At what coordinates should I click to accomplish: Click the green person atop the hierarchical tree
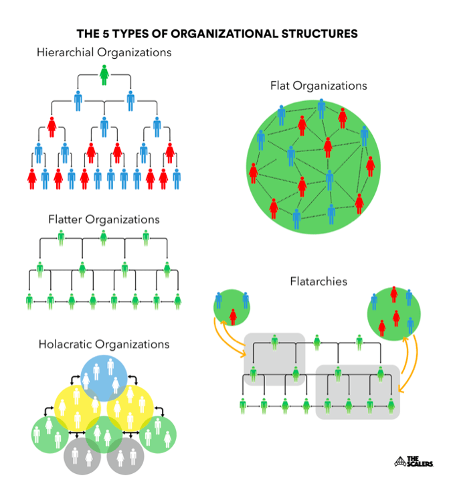(104, 74)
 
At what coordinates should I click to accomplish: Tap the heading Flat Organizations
(319, 86)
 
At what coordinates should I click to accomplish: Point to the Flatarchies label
(319, 281)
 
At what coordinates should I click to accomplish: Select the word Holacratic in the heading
(66, 344)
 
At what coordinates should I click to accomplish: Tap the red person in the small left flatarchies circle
(233, 315)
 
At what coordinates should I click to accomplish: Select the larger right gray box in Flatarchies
(358, 392)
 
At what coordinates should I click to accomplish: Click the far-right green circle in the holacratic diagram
(159, 434)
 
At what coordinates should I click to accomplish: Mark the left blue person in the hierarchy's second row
(78, 100)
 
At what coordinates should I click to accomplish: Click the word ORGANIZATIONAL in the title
(217, 33)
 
